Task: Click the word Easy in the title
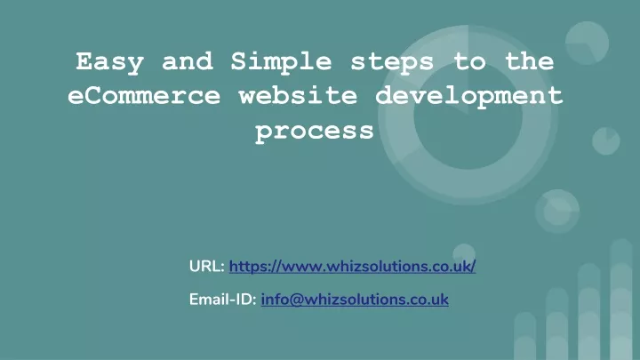110,62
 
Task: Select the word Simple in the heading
281,62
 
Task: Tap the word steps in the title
392,63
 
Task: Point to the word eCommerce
144,95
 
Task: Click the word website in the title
298,95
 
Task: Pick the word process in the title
315,132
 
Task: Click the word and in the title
188,61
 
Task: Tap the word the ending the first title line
530,61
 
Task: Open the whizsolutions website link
352,267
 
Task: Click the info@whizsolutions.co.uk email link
355,300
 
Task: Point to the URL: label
207,267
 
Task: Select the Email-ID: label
222,300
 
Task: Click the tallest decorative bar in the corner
621,300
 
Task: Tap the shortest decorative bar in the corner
525,336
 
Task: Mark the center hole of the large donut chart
468,115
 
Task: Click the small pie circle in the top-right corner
587,44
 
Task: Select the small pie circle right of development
606,141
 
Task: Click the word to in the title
469,62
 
